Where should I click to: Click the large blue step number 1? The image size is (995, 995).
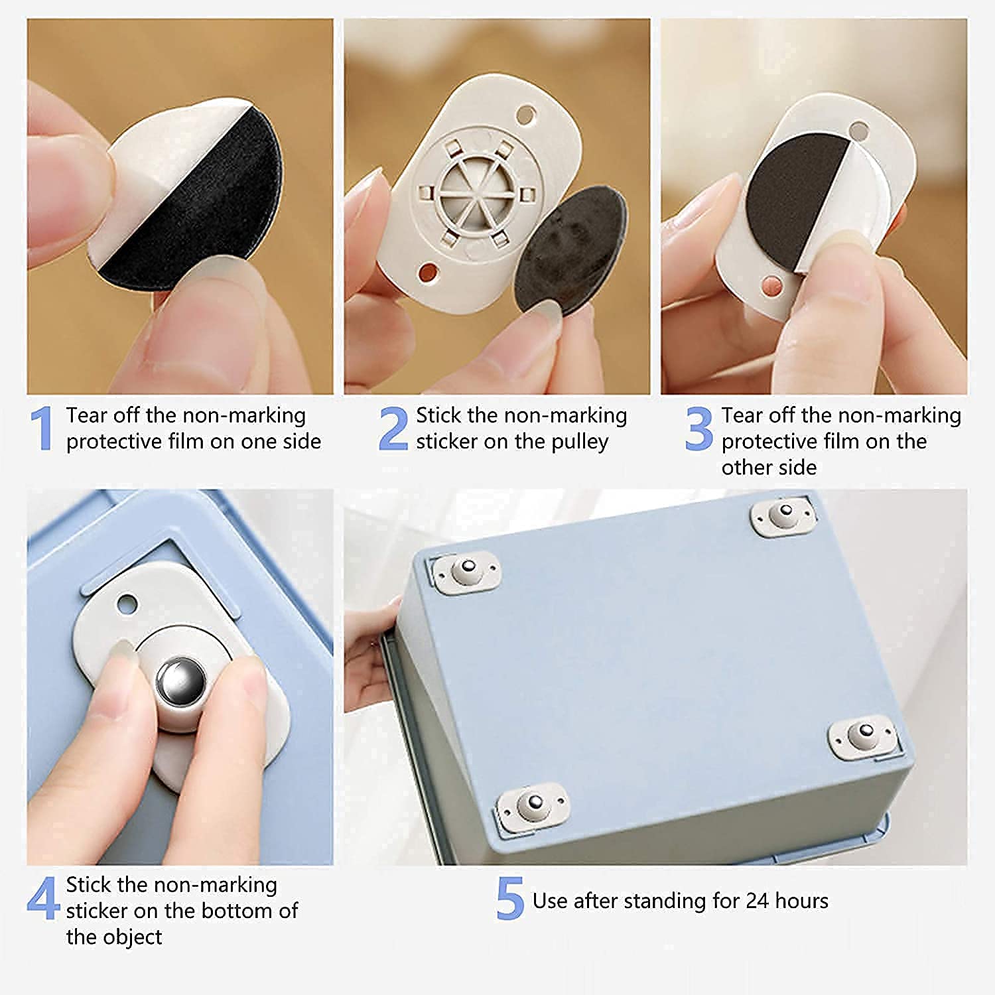[42, 429]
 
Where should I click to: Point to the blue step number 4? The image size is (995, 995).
[42, 899]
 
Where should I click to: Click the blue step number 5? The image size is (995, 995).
[509, 899]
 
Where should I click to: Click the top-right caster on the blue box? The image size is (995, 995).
[785, 514]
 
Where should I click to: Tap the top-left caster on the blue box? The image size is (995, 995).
[466, 571]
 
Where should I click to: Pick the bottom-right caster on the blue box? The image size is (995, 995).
[864, 735]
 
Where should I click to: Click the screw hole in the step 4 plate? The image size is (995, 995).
[126, 604]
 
